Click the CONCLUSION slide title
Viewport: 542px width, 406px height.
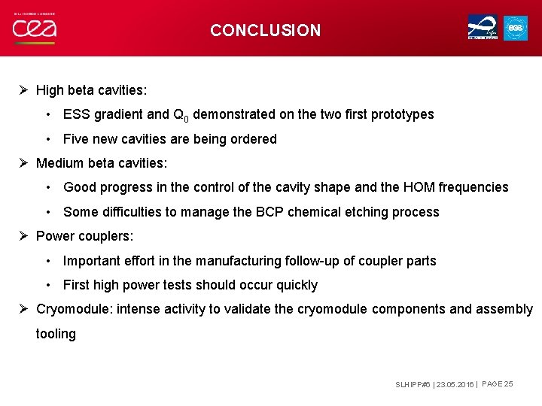point(265,31)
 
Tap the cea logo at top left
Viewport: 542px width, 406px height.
point(34,30)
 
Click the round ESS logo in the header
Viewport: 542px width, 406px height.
point(516,28)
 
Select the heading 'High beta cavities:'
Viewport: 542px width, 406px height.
point(92,90)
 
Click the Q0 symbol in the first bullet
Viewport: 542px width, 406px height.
point(181,116)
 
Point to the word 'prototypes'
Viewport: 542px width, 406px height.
point(400,115)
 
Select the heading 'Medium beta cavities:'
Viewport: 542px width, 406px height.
point(102,163)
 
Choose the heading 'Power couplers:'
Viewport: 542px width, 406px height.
point(85,236)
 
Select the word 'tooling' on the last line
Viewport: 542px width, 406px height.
point(56,334)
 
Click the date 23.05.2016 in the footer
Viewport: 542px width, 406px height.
point(455,384)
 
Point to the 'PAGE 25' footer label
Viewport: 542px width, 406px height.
point(497,383)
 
